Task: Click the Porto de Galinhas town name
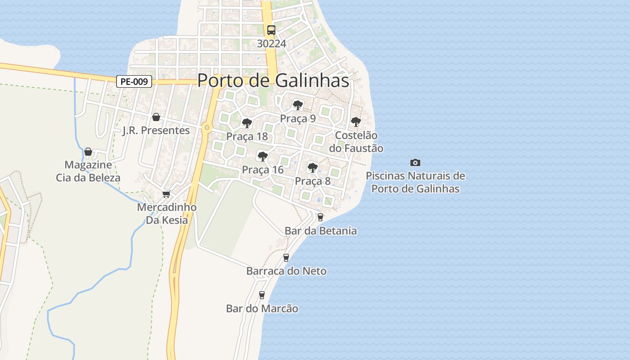(273, 81)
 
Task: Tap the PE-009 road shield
(134, 81)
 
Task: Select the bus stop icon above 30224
(271, 30)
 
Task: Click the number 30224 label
(272, 44)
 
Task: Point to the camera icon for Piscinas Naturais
(415, 162)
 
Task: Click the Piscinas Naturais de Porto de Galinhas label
(415, 182)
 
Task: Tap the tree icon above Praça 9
(297, 105)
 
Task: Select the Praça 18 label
(247, 136)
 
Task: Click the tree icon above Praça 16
(262, 157)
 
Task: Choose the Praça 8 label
(313, 181)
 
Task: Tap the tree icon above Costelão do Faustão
(355, 122)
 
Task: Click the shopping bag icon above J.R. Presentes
(156, 117)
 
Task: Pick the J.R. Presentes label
(156, 130)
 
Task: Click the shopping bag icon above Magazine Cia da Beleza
(88, 152)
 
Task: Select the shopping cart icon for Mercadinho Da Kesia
(166, 194)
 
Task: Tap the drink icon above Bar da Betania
(320, 217)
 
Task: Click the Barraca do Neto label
(286, 271)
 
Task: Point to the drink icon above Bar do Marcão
(262, 295)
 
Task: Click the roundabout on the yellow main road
(207, 128)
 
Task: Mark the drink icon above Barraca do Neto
(286, 258)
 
